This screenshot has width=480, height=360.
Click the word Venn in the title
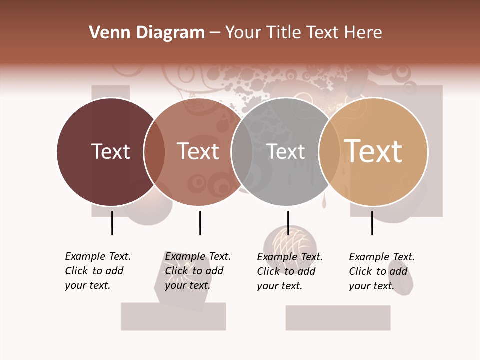(x=104, y=33)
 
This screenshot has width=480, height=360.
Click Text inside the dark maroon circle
(x=110, y=151)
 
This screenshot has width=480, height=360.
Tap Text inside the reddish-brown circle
(x=198, y=151)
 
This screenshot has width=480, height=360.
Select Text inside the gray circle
(x=285, y=151)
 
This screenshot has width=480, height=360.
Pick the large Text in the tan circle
(x=373, y=151)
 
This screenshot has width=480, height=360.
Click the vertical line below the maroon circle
(x=112, y=223)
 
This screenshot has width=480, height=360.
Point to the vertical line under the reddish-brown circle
(x=200, y=223)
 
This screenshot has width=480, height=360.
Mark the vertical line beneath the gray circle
(x=288, y=223)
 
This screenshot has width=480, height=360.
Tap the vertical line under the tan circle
(x=372, y=223)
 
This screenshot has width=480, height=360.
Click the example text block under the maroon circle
(x=97, y=271)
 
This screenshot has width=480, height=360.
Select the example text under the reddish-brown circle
(x=197, y=271)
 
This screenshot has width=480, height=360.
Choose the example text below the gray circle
(x=289, y=271)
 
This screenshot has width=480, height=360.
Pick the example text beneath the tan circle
(x=381, y=271)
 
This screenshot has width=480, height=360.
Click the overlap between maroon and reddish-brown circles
(x=154, y=152)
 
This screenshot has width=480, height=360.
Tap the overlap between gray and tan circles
(x=329, y=152)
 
